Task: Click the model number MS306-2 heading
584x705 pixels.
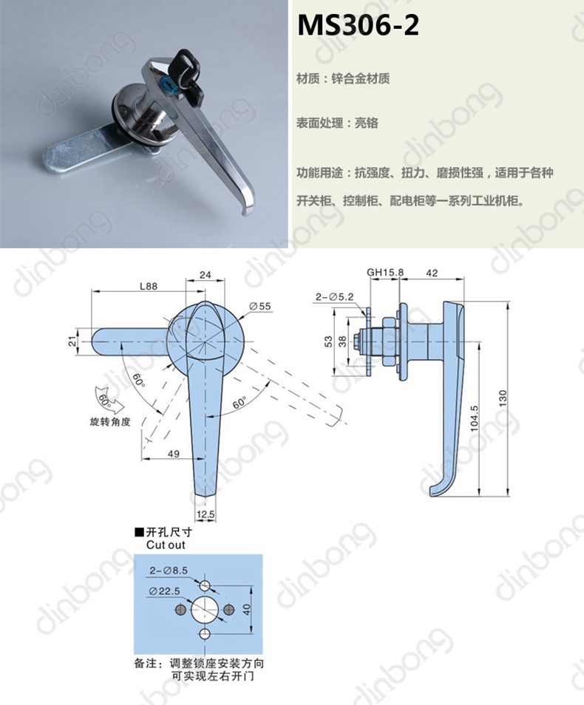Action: (358, 25)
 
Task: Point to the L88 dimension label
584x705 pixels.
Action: (149, 286)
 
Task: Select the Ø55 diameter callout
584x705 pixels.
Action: (260, 306)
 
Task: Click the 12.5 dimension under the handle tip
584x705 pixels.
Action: (206, 514)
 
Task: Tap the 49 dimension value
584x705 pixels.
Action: (173, 454)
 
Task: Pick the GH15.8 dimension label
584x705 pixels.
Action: (385, 272)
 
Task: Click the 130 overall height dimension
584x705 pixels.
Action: (503, 398)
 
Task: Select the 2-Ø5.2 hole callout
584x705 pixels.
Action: (334, 297)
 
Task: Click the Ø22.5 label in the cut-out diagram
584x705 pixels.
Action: (164, 591)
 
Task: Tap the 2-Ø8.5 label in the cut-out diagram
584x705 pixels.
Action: (169, 571)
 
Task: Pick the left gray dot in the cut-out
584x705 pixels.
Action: (180, 610)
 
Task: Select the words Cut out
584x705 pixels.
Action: (166, 545)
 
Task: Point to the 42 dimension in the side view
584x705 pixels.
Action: (432, 273)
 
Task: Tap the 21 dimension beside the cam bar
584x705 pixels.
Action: (72, 341)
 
